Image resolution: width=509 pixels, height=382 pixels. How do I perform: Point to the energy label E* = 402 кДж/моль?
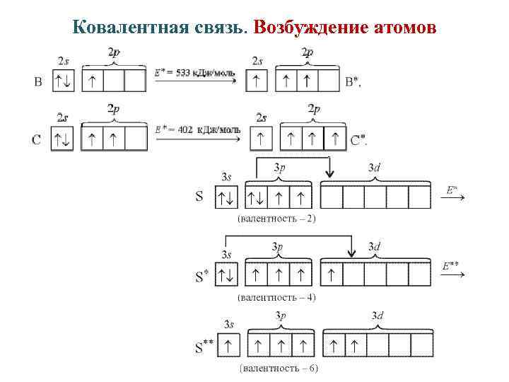coord(197,129)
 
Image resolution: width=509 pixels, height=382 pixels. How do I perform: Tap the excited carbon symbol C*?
coord(358,140)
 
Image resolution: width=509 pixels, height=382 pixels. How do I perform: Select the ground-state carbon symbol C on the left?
coord(37,139)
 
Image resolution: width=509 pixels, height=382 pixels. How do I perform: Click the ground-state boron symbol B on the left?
coord(38,82)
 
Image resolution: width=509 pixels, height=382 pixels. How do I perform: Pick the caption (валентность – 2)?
coord(276,218)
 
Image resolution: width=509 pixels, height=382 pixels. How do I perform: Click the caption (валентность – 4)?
coord(276,296)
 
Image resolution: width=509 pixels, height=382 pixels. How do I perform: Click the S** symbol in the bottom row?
coord(204,347)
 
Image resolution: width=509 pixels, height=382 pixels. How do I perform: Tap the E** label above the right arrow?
coord(450,266)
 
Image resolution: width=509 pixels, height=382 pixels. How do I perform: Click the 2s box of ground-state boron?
coord(64,82)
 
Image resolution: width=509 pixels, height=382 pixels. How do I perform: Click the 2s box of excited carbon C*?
coord(262,139)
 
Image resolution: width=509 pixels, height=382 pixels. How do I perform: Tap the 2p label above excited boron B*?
coord(307,52)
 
